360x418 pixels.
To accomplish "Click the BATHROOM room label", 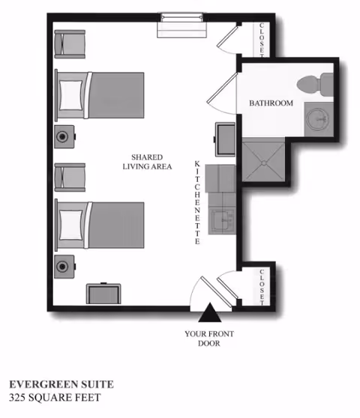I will (271, 103).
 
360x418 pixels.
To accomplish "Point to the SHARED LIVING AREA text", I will (148, 162).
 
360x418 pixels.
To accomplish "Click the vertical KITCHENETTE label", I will (197, 203).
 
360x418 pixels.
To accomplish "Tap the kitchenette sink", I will (221, 222).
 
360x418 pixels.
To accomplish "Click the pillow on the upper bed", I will (71, 95).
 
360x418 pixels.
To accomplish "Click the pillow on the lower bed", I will (71, 222).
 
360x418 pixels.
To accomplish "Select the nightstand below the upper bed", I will (63, 139).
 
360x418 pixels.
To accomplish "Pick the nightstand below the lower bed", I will (63, 266).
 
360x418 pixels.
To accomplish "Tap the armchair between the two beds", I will (71, 177).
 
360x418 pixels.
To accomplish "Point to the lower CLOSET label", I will (262, 285).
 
